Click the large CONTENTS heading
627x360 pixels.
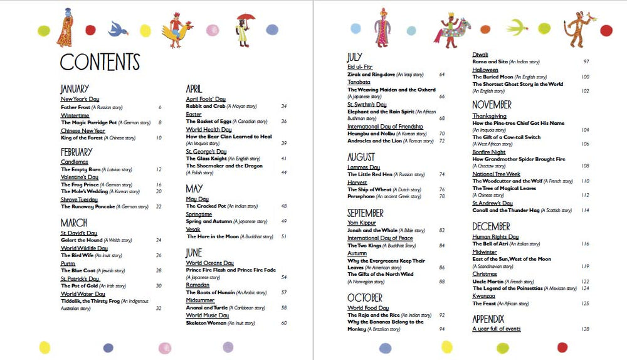(x=100, y=61)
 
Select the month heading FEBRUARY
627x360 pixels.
(x=76, y=152)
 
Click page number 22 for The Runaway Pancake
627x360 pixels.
(x=159, y=206)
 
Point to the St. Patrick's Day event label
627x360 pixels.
(x=80, y=278)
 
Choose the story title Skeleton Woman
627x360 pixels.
(x=206, y=323)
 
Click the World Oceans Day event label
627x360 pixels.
(x=210, y=263)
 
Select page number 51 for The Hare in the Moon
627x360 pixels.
(x=283, y=236)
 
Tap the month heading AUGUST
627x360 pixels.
(x=361, y=157)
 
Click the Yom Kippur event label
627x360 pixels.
(x=362, y=223)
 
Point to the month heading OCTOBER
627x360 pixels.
(x=364, y=297)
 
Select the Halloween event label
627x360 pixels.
(x=485, y=70)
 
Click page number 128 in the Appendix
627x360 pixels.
(x=585, y=329)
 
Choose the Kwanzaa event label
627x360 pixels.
(x=484, y=296)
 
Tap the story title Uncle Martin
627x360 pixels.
(x=488, y=282)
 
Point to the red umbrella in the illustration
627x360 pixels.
(x=246, y=18)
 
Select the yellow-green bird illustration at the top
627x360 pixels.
(x=517, y=27)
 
